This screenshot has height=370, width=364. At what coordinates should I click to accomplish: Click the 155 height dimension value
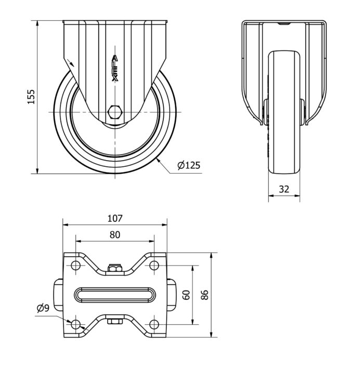31,97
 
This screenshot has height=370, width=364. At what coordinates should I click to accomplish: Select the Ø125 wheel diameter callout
189,165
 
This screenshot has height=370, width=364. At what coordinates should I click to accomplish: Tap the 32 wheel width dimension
284,189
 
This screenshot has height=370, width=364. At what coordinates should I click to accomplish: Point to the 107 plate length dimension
115,218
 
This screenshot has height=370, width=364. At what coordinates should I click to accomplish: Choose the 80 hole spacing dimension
115,235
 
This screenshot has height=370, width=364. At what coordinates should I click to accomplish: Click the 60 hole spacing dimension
187,295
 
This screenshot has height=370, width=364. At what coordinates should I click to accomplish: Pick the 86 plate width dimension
204,295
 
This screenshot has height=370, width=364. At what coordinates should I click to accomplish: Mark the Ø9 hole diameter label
43,308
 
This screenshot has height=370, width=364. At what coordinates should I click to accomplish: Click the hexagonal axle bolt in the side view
115,112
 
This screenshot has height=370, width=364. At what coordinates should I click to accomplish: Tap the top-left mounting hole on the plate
75,266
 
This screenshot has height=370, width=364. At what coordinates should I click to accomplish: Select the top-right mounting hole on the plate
154,266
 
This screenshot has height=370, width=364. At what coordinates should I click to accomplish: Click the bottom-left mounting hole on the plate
75,325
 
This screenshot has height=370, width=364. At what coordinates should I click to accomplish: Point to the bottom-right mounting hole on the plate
154,325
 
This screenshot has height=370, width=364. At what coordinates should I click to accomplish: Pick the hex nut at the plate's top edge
115,268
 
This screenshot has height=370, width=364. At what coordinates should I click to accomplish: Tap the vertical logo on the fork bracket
115,69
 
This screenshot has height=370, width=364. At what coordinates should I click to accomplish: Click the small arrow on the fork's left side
70,63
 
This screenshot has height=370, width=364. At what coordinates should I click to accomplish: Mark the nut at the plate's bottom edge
115,321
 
